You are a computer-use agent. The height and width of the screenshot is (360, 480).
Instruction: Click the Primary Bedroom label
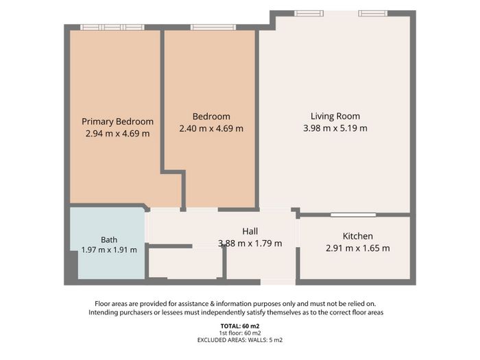117,122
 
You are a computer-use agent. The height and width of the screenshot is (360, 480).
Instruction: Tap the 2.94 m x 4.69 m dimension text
117,134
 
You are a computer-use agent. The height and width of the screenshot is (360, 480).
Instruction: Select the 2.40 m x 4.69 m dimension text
211,128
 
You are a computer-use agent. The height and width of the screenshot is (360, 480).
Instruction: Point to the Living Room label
335,117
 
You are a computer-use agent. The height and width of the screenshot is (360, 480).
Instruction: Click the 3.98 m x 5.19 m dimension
335,128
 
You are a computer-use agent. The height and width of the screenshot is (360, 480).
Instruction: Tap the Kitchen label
357,236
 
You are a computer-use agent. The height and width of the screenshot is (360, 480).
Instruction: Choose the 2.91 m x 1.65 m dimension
357,248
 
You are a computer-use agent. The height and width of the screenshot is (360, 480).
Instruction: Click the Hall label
250,232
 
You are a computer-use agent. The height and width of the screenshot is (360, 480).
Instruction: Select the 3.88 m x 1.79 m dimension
250,243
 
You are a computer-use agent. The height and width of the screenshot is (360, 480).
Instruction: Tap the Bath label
109,240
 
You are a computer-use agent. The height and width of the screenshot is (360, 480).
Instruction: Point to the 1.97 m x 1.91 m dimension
109,250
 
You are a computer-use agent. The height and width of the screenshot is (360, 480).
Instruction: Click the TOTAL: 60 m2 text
240,326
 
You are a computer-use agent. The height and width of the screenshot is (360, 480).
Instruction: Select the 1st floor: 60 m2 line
240,333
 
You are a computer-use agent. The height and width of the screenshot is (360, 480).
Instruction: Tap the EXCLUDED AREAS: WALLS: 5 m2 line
240,340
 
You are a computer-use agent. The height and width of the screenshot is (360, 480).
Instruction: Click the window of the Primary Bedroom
112,27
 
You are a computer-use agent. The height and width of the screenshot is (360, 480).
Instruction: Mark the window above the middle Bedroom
213,27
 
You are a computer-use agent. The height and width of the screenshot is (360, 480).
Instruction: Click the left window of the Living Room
309,14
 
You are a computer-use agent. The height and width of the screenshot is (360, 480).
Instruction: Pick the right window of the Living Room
373,14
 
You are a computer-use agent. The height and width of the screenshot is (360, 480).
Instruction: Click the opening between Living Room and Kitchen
353,215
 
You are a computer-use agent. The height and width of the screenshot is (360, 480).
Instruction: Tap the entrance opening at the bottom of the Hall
278,282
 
